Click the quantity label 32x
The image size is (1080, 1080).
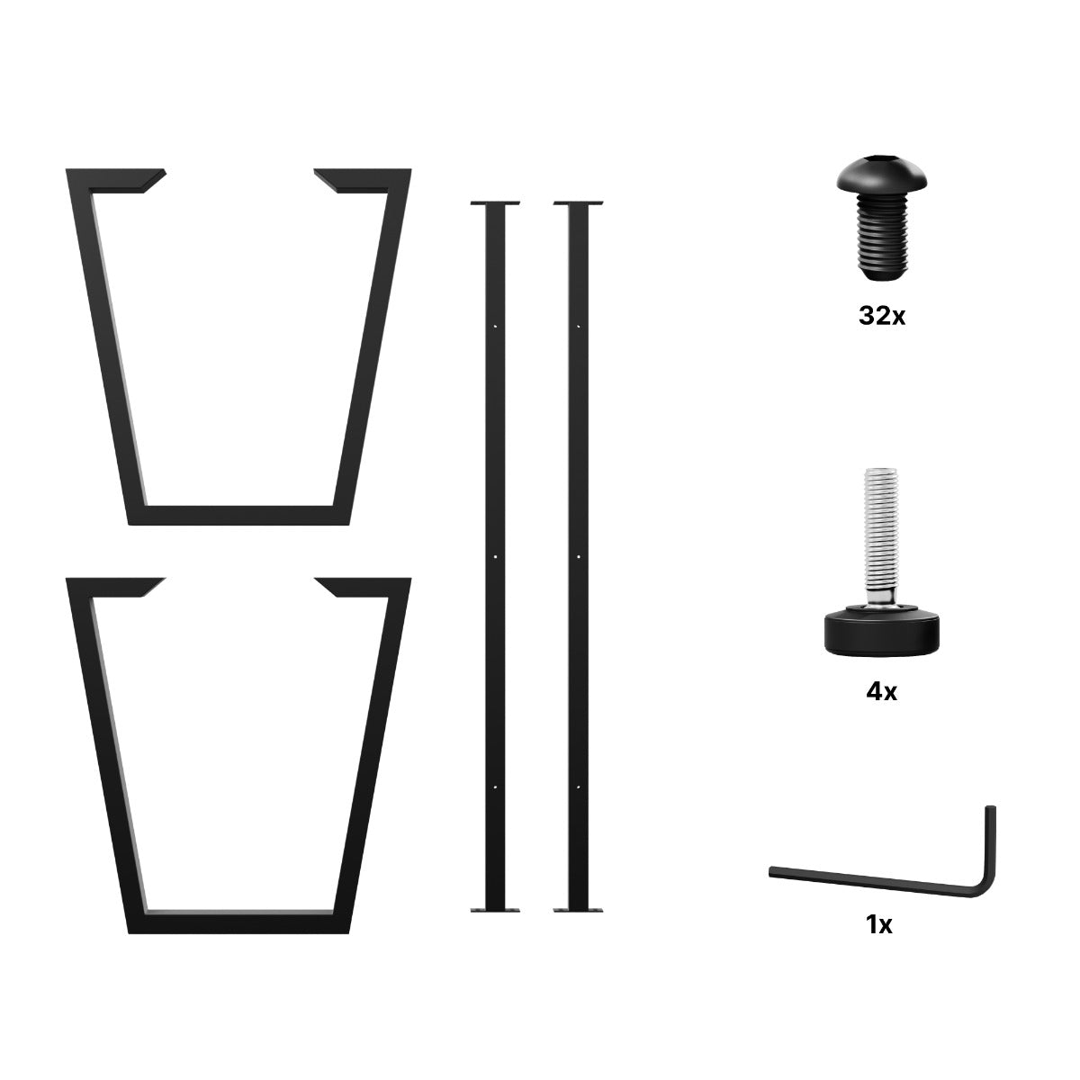point(882,316)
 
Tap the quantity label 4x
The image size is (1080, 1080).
point(881,692)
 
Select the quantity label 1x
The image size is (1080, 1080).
point(878,925)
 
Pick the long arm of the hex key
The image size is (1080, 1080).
point(874,880)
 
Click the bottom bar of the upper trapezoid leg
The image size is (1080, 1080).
point(239,515)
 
